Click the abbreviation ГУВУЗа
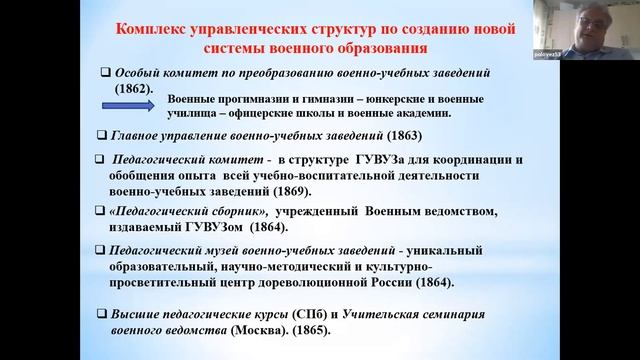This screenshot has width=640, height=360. tap(402, 160)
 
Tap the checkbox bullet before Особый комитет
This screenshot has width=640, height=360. tap(106, 72)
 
